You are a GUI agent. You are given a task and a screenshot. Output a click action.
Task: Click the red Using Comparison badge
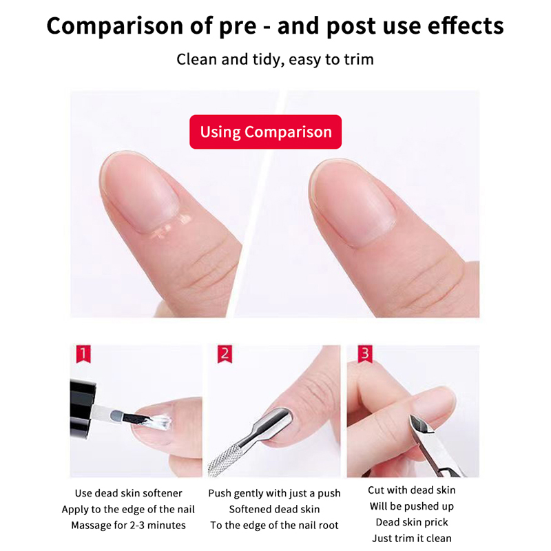(x=265, y=132)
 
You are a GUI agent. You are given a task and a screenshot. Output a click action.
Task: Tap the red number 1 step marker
(x=83, y=353)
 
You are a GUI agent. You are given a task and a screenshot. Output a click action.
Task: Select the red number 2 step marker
(x=225, y=354)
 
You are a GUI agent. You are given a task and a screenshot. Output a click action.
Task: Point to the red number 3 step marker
(x=365, y=354)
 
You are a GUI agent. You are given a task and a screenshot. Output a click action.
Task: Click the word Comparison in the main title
(x=115, y=26)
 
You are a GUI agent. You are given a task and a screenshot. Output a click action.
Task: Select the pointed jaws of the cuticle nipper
(x=422, y=424)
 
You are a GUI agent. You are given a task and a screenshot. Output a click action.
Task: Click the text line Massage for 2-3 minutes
(x=129, y=526)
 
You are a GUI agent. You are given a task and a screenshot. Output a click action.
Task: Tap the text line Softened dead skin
(x=274, y=509)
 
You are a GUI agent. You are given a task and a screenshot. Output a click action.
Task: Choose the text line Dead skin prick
(x=412, y=522)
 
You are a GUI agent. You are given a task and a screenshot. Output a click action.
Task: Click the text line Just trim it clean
(x=412, y=538)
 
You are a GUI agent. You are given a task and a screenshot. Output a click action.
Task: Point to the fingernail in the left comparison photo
(x=140, y=191)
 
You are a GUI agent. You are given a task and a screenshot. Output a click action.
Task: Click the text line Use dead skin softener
(x=129, y=493)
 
